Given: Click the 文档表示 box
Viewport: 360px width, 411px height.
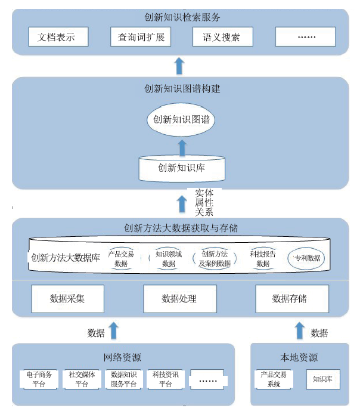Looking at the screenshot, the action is pyautogui.click(x=58, y=37).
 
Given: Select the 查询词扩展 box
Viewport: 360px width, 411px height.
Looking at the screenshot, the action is pyautogui.click(x=141, y=37).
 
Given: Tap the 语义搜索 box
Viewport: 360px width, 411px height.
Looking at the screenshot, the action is pyautogui.click(x=223, y=37).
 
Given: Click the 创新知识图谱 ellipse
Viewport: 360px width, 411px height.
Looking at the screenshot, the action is pyautogui.click(x=181, y=119).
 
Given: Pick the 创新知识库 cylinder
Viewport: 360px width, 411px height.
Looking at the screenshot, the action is pyautogui.click(x=182, y=168).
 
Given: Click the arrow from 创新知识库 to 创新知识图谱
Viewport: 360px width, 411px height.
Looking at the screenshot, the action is pyautogui.click(x=182, y=148).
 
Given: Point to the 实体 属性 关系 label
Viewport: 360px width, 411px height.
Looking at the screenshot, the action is pyautogui.click(x=204, y=203).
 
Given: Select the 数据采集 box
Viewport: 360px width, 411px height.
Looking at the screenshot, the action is pyautogui.click(x=67, y=299).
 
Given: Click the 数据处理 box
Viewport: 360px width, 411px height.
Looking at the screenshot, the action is pyautogui.click(x=180, y=299).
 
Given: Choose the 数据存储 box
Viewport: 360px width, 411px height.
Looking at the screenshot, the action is pyautogui.click(x=292, y=299).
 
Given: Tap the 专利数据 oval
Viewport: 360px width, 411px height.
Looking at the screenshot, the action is pyautogui.click(x=306, y=258).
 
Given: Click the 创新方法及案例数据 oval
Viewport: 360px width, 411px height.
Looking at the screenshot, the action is pyautogui.click(x=215, y=258).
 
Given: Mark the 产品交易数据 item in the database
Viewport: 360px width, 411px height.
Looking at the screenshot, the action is pyautogui.click(x=121, y=258).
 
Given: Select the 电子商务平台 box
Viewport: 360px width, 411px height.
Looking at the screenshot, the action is pyautogui.click(x=39, y=379).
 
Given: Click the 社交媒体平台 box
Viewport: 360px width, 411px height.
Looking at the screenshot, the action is pyautogui.click(x=82, y=379).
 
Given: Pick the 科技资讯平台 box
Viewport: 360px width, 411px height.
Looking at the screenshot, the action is pyautogui.click(x=166, y=379).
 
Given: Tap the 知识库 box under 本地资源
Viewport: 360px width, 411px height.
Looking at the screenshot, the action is pyautogui.click(x=323, y=379).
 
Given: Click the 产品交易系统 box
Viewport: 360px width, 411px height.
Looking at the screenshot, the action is pyautogui.click(x=274, y=379).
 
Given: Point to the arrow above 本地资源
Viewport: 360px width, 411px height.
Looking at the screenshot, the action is pyautogui.click(x=300, y=330).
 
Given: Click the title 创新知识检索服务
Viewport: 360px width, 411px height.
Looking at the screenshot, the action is pyautogui.click(x=182, y=17).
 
